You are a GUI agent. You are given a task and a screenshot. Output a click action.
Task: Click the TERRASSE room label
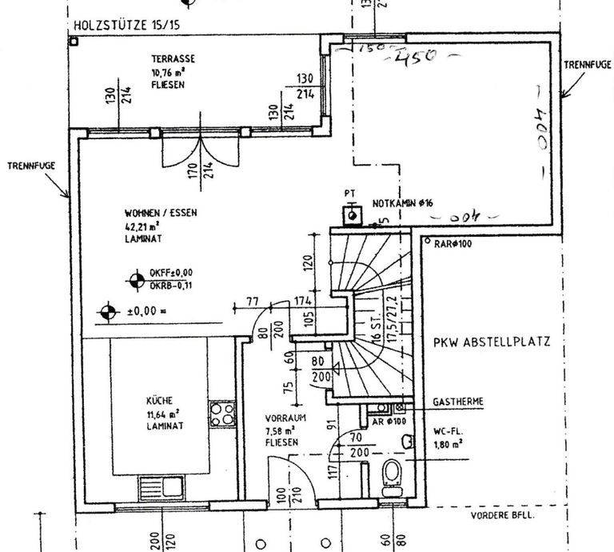click(x=173, y=58)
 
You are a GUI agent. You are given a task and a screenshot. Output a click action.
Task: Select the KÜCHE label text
click(x=159, y=401)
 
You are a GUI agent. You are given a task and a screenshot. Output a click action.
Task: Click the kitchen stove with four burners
click(x=222, y=416)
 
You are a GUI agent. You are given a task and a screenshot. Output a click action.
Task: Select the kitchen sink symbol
click(x=163, y=486)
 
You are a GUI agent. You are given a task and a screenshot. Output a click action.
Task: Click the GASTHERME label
click(x=457, y=401)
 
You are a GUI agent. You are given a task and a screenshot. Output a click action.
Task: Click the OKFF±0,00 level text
click(x=170, y=274)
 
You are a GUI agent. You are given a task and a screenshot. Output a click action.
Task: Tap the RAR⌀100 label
click(x=453, y=242)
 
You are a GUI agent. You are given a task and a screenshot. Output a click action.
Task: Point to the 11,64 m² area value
click(x=161, y=414)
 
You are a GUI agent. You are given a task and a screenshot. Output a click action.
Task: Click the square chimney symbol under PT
click(x=349, y=214)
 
